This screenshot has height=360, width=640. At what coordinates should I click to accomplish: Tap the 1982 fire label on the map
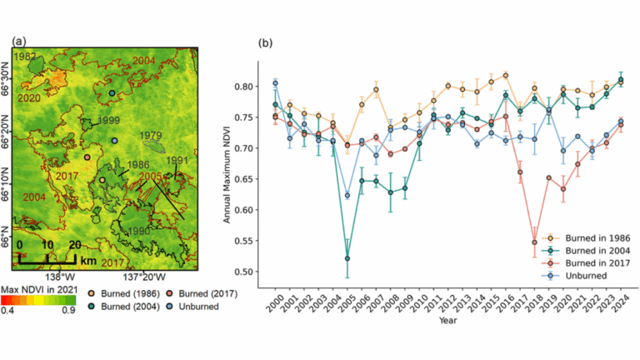(26, 55)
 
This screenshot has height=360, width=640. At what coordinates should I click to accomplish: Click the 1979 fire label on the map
(150, 135)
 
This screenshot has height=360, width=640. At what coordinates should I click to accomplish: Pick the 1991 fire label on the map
(177, 160)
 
